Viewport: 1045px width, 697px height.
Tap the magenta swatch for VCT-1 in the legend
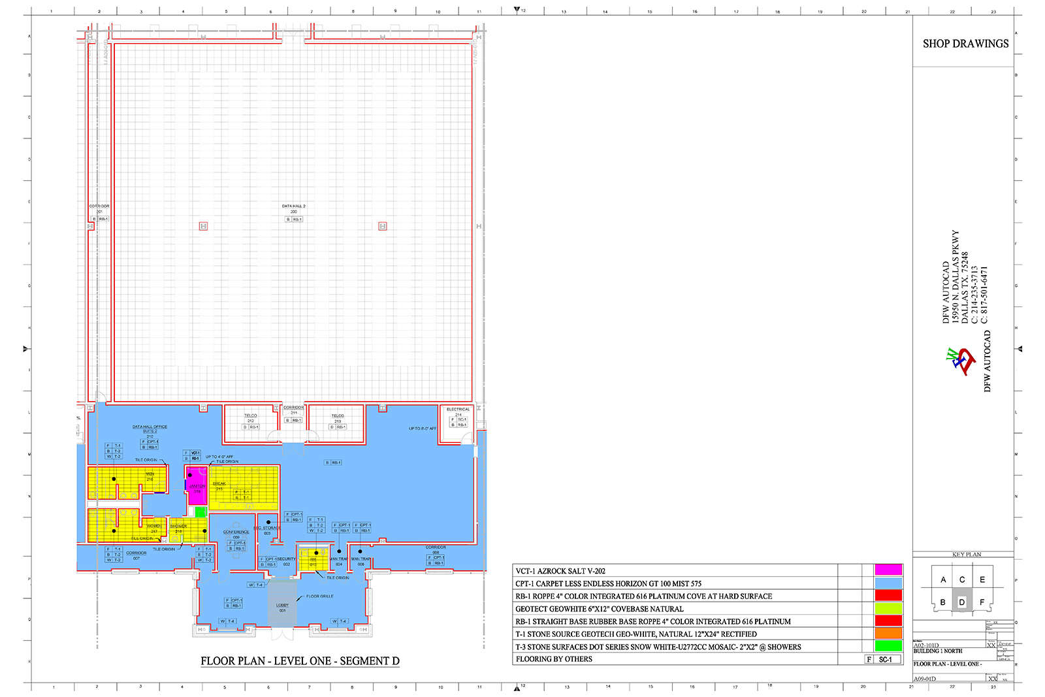(888, 570)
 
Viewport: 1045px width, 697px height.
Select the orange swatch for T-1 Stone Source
(888, 634)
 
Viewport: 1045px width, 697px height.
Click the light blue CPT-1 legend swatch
(888, 583)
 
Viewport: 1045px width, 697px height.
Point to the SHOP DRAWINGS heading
(965, 44)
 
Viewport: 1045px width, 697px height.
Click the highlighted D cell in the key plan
(961, 602)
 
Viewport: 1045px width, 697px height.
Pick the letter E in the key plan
(982, 579)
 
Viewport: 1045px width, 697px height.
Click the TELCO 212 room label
(251, 418)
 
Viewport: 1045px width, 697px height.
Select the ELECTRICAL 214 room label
(458, 412)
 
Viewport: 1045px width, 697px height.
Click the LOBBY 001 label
(282, 608)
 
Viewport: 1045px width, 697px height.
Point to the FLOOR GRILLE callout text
(319, 596)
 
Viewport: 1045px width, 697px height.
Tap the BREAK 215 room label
(219, 486)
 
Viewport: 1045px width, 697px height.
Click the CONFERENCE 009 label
(236, 534)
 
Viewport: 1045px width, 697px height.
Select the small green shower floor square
(201, 512)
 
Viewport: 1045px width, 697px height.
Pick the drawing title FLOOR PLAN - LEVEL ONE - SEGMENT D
(300, 661)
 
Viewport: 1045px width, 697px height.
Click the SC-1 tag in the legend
(885, 660)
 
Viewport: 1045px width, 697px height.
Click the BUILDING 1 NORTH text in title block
(938, 651)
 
